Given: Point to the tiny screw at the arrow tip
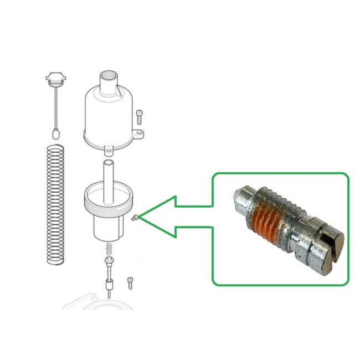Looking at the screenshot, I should pos(135,218).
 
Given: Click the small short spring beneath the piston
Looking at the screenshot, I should pos(109,249).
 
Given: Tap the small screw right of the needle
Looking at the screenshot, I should pos(131,282).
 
